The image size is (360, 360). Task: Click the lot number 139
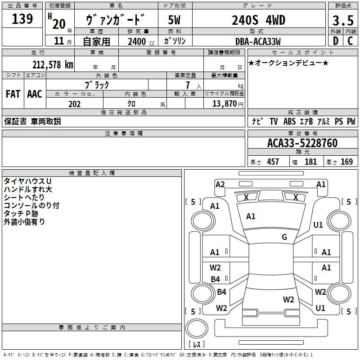point(22,19)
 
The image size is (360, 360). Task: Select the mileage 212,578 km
point(53,64)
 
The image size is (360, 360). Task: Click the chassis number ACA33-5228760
point(302,144)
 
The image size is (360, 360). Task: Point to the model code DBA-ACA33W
point(257,41)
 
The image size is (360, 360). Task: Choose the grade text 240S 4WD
point(258,20)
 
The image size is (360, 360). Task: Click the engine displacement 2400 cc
point(137,41)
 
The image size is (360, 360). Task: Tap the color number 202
point(74,104)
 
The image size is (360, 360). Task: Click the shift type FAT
point(13,94)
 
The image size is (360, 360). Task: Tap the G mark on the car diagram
point(284,237)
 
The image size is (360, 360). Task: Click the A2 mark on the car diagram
point(220,184)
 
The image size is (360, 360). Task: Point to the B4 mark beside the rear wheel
point(221,292)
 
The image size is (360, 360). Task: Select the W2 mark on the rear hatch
point(288,299)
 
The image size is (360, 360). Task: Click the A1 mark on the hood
point(251,216)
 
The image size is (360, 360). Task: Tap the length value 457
point(273,162)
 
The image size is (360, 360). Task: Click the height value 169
point(346,162)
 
